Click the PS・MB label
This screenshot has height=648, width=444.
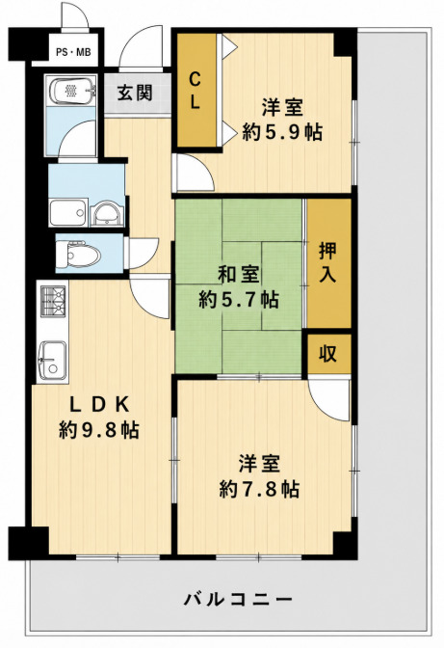click(73, 52)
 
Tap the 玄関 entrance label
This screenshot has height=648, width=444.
click(135, 93)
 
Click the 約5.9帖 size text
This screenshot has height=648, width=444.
click(282, 131)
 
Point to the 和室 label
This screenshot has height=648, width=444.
click(239, 275)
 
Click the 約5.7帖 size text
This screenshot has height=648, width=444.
click(238, 299)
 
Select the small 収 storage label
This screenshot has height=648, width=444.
click(328, 353)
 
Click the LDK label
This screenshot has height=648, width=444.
click(99, 405)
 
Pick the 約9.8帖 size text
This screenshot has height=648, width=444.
click(98, 430)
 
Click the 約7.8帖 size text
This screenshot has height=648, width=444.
click(259, 489)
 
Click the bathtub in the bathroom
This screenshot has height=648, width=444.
click(72, 91)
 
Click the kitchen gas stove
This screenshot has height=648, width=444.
click(54, 301)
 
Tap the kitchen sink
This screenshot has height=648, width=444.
click(52, 360)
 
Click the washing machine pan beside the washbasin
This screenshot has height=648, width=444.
click(68, 212)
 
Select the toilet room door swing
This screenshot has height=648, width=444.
click(143, 253)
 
